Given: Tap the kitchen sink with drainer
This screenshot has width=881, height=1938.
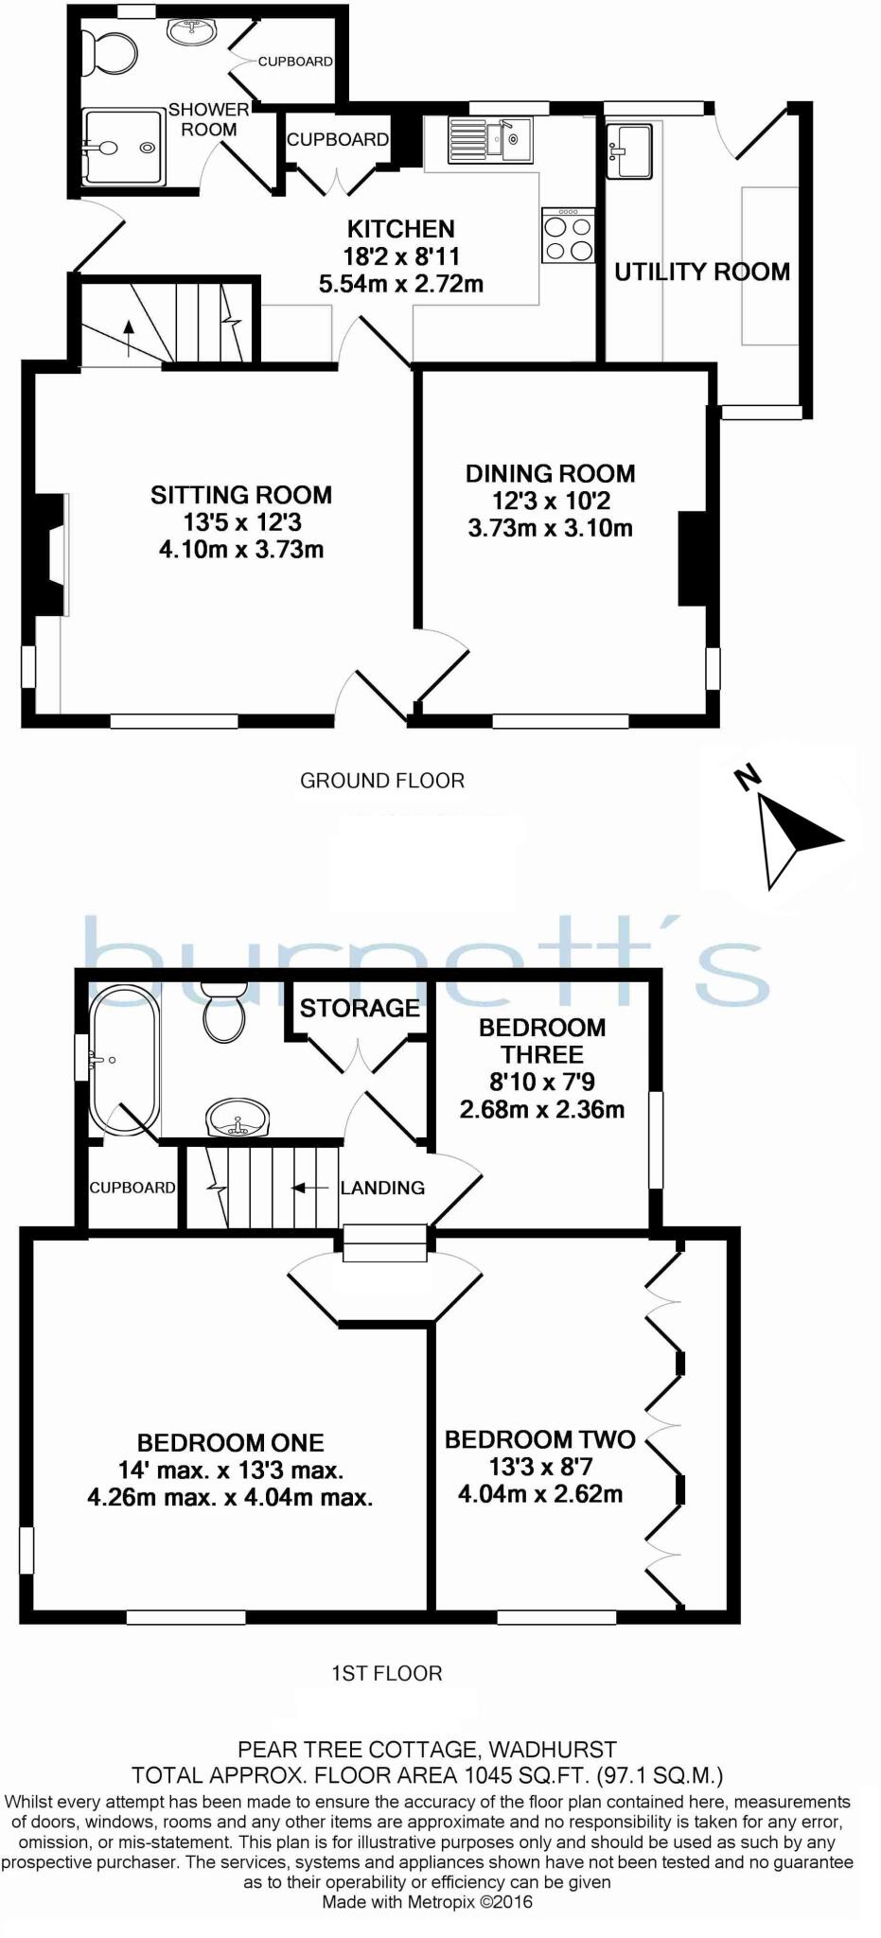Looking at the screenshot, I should (489, 139).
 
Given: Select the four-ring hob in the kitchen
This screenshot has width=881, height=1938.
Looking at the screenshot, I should (568, 236).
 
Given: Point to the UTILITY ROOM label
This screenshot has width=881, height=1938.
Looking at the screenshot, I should (701, 273).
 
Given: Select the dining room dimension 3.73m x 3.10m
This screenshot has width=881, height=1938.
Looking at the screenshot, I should (550, 528).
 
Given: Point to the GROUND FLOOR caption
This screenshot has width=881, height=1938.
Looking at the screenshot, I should (382, 781).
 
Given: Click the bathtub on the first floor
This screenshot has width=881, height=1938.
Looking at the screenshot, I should (123, 1060).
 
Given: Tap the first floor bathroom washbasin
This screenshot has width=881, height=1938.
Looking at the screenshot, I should (238, 1119).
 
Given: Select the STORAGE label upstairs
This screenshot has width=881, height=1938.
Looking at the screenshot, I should (360, 1008).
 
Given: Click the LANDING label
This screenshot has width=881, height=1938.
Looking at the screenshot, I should (382, 1188).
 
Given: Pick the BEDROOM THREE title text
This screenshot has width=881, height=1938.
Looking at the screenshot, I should (542, 1041).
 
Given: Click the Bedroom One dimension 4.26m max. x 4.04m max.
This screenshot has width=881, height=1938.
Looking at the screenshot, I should (230, 1498).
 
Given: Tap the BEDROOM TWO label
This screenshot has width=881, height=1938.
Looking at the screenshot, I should (539, 1439).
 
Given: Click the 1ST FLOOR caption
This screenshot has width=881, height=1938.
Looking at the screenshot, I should (386, 1673).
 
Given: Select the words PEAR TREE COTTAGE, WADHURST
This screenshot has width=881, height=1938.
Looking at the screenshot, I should (427, 1750).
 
